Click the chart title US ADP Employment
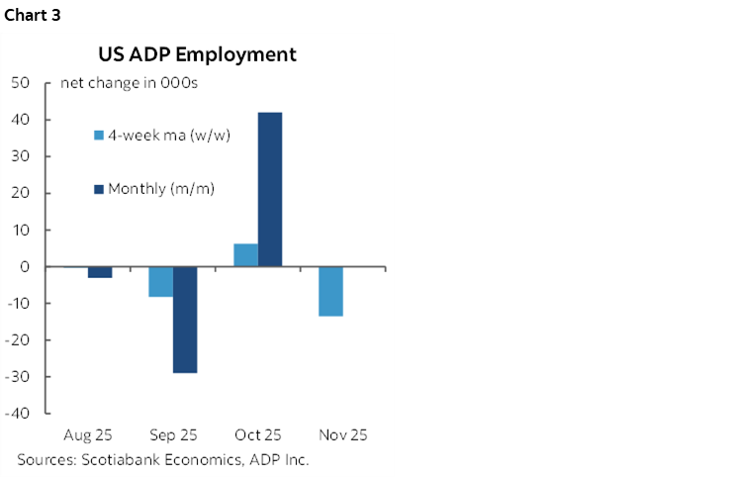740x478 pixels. pos(196,54)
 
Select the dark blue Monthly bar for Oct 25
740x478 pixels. pos(270,189)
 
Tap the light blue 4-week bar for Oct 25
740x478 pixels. pos(245,255)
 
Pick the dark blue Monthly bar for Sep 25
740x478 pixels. pos(185,320)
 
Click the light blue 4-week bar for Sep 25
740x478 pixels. pos(161,282)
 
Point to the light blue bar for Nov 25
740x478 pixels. pos(330,291)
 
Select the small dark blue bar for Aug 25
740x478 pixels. pos(100,272)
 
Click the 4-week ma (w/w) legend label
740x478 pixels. pos(169,135)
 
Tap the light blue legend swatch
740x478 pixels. pos(99,135)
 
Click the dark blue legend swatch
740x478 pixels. pos(99,188)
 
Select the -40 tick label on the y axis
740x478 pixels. pos(19,414)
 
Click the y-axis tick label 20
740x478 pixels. pos(22,193)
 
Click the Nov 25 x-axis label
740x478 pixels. pos(342,435)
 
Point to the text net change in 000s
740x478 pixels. pos(129,83)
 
